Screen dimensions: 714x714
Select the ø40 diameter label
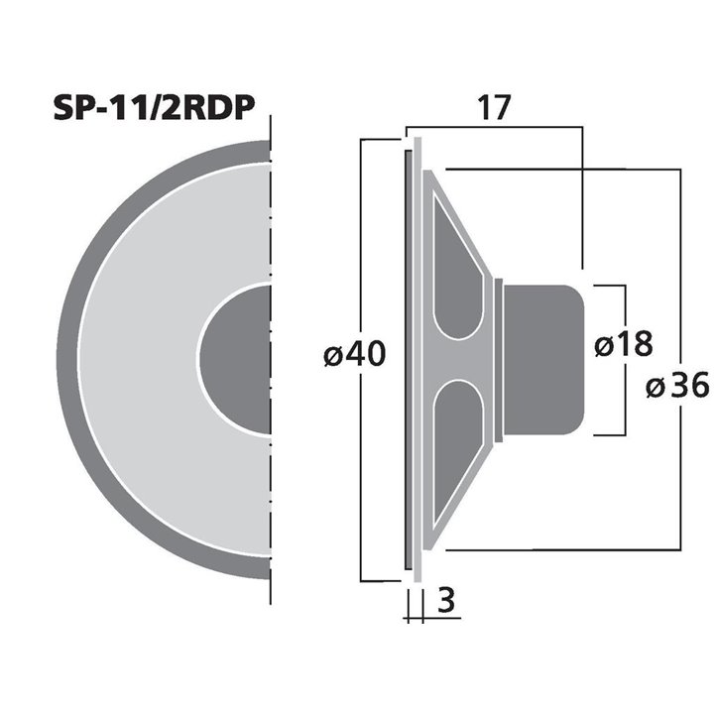pyautogui.click(x=354, y=353)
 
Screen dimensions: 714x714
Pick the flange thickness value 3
pyautogui.click(x=447, y=601)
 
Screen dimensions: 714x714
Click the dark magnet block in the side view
pyautogui.click(x=540, y=359)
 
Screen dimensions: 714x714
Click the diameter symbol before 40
pyautogui.click(x=332, y=354)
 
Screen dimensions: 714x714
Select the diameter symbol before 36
pyautogui.click(x=654, y=387)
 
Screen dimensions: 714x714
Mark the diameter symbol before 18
pyautogui.click(x=602, y=344)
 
